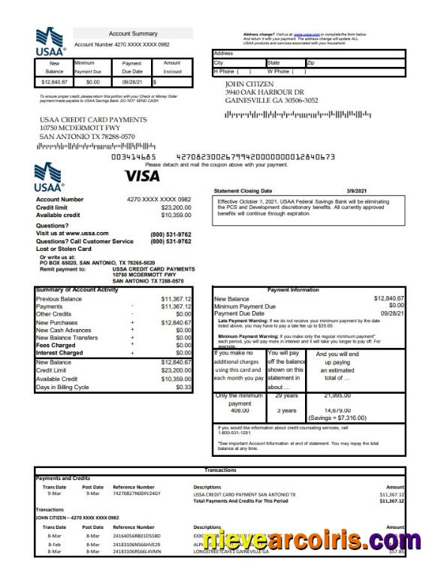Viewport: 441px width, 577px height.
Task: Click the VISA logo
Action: click(142, 176)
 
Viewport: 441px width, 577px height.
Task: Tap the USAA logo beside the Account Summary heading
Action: click(51, 42)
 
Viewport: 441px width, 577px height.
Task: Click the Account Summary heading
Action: click(133, 34)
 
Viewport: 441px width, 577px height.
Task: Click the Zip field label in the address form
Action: click(311, 63)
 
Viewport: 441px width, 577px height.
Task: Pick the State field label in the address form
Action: click(273, 63)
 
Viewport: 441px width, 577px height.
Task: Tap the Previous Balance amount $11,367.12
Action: click(177, 299)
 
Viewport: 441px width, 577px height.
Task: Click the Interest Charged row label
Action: click(59, 352)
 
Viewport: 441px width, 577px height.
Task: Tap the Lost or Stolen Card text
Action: click(64, 249)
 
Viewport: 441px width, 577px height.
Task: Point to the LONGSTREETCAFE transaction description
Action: click(230, 551)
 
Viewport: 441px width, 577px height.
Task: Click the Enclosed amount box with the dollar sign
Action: click(172, 82)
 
